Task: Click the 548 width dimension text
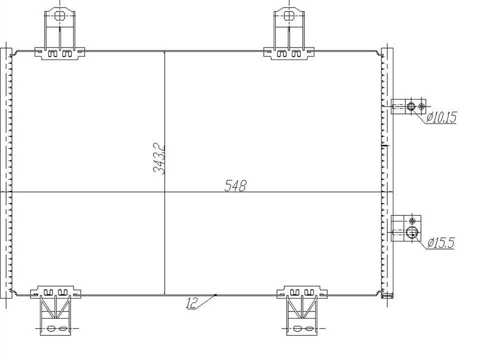tap(235, 185)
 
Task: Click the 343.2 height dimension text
tap(159, 158)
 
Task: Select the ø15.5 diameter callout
tap(440, 242)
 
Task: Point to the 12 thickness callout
tap(192, 303)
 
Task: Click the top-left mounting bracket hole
tap(59, 16)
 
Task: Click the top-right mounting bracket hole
tap(288, 16)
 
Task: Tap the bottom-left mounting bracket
tap(56, 310)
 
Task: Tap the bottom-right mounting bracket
tap(302, 310)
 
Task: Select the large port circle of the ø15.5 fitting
tap(412, 232)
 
